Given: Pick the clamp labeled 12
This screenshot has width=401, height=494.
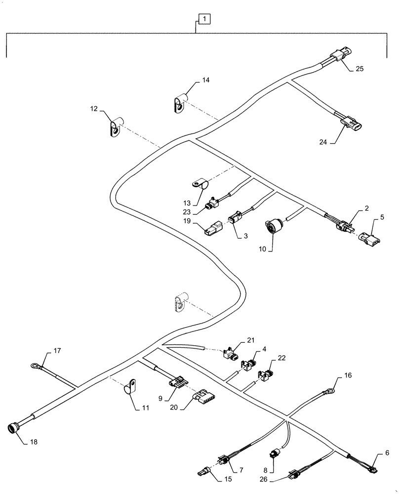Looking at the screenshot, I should click(x=115, y=127).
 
